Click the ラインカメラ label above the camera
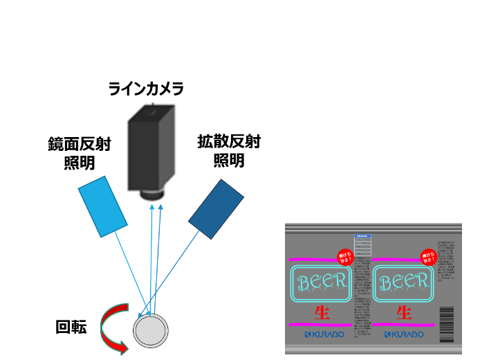coord(146,89)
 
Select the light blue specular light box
coord(102,206)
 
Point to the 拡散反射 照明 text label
coord(228,151)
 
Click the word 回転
coord(71,327)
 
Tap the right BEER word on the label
coord(404,282)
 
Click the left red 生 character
coord(322,312)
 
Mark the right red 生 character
coord(405,312)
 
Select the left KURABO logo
coord(322,334)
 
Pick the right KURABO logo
coord(404,334)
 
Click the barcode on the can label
coord(446,325)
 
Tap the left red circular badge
coord(344,258)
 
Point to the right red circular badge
coord(428,258)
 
